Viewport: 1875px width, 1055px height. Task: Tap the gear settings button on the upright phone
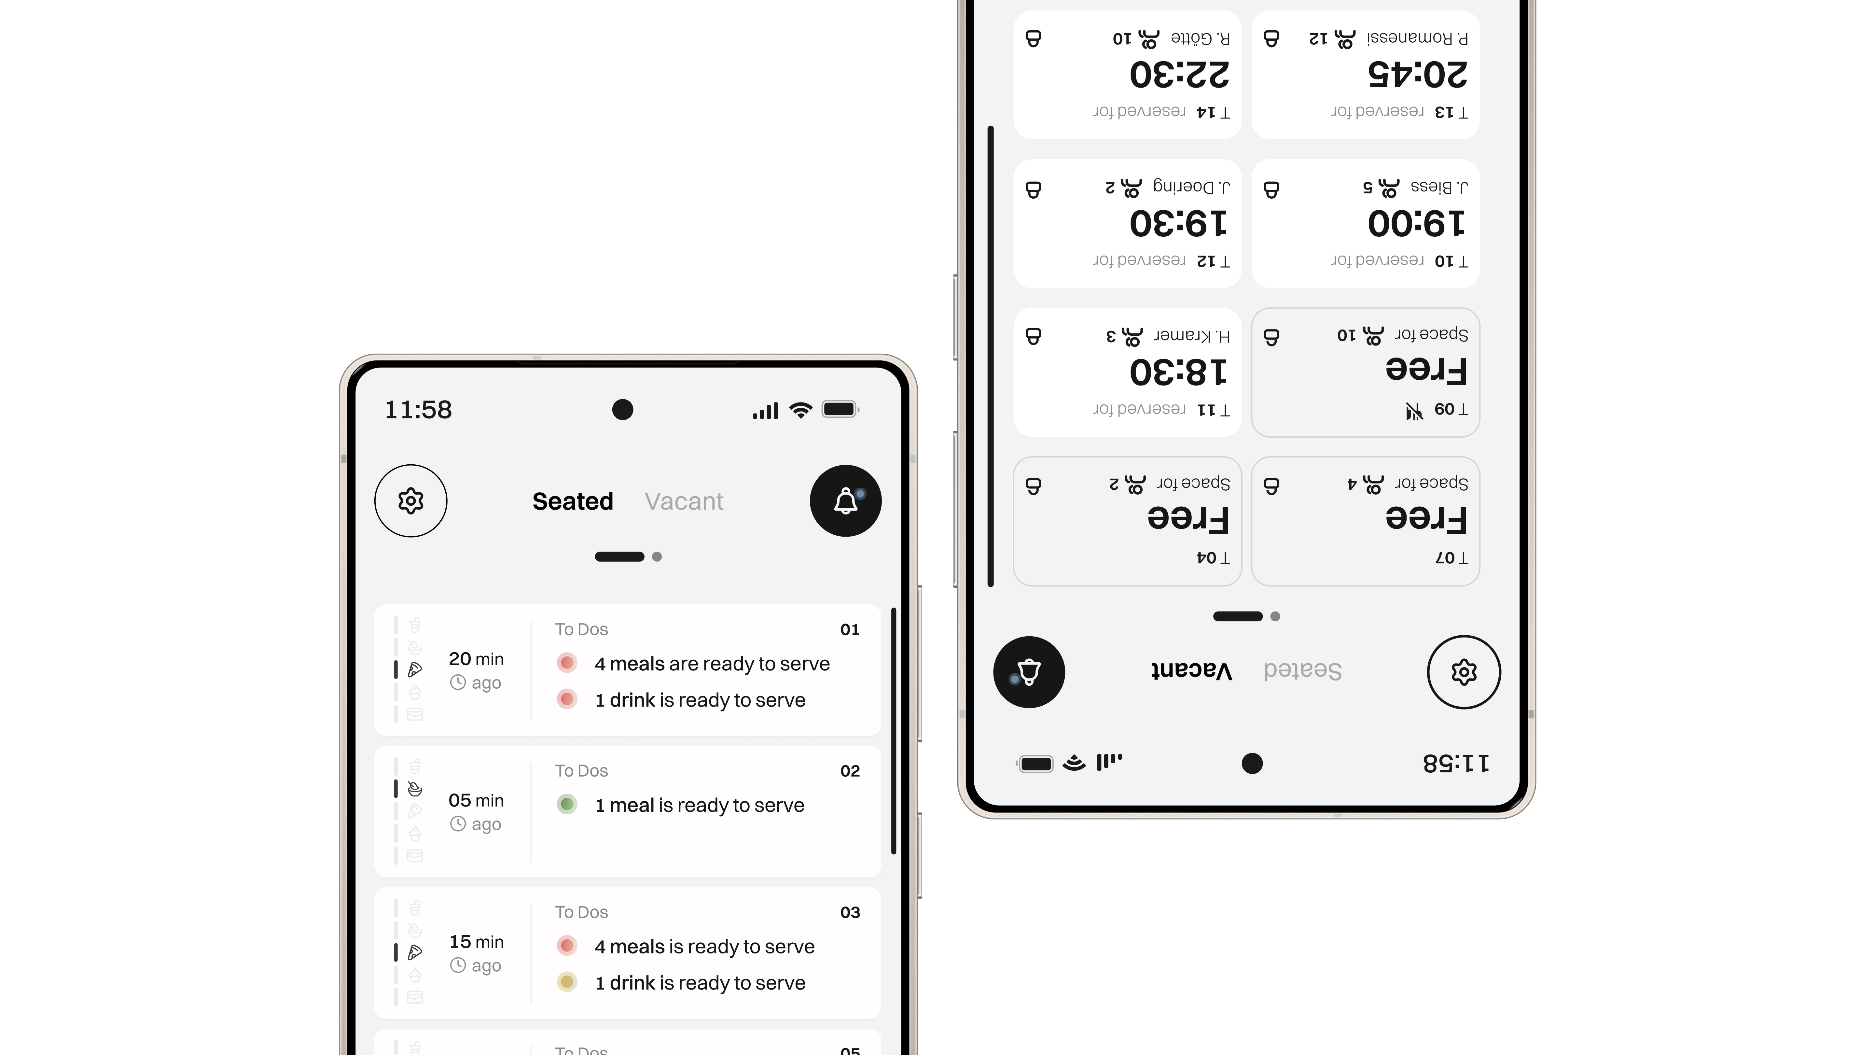point(410,501)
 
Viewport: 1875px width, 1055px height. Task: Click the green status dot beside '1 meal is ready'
point(567,805)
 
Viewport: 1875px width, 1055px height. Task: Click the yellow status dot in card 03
point(567,982)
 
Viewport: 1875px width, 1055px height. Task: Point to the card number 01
point(849,630)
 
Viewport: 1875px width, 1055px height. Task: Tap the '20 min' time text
point(476,659)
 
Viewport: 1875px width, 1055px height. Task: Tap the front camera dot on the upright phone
point(622,410)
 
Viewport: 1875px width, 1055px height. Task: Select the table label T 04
point(1213,558)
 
